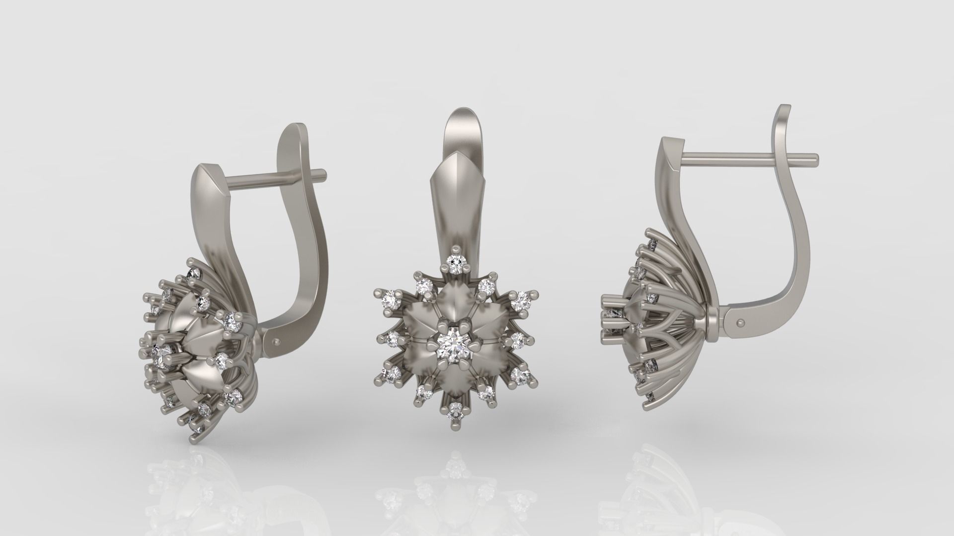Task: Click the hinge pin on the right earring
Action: pyautogui.click(x=741, y=323)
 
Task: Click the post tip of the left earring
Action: pyautogui.click(x=323, y=174)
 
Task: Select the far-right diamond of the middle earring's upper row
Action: pyautogui.click(x=520, y=300)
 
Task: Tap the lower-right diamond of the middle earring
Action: pyautogui.click(x=520, y=376)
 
